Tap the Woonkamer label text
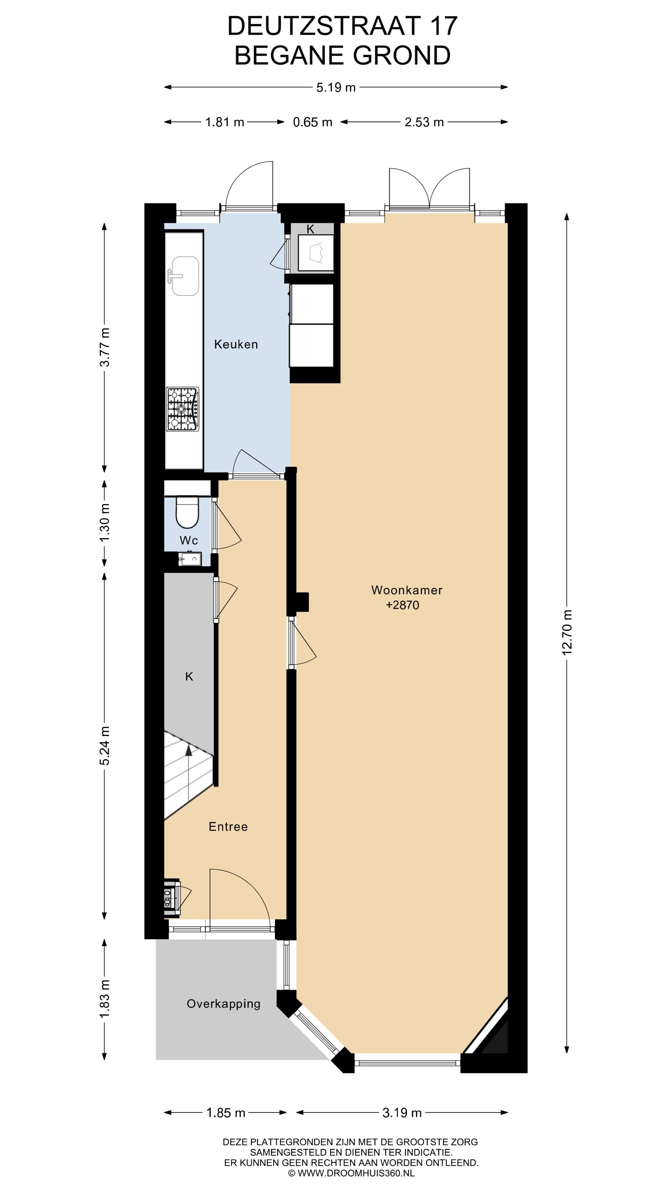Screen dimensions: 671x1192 pyautogui.click(x=407, y=590)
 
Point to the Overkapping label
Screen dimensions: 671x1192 pyautogui.click(x=223, y=1004)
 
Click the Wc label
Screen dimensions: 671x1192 pyautogui.click(x=189, y=540)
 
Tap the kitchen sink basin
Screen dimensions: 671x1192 pyautogui.click(x=185, y=276)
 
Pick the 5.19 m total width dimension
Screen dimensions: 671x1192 pyautogui.click(x=336, y=88)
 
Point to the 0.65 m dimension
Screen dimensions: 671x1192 pyautogui.click(x=313, y=122)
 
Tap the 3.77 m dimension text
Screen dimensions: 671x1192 pyautogui.click(x=105, y=347)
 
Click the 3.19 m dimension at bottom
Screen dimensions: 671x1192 pyautogui.click(x=402, y=1113)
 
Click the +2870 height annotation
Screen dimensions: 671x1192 pyautogui.click(x=402, y=605)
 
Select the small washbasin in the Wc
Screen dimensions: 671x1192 pyautogui.click(x=189, y=559)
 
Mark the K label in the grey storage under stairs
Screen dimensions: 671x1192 pyautogui.click(x=189, y=676)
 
